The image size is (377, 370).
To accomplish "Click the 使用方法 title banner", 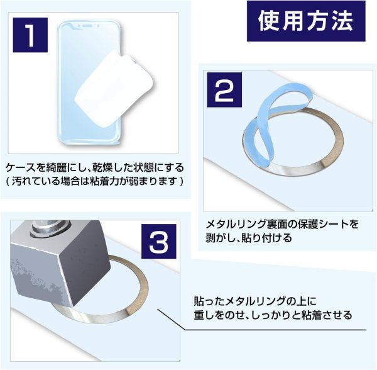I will coord(305,21).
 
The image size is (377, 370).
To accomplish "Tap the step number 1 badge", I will coord(30,36).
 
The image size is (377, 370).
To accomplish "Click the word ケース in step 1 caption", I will coord(19,168).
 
